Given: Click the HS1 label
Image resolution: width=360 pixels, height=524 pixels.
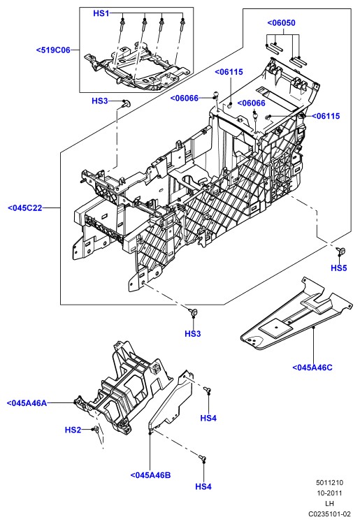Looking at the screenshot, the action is point(101,13).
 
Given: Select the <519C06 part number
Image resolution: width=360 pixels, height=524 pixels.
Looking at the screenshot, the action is point(54,50).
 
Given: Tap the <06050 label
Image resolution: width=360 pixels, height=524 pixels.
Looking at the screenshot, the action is point(281,23).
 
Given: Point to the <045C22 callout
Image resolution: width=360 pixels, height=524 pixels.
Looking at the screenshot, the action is point(25,208).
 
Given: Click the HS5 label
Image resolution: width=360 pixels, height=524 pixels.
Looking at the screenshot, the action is point(339,268).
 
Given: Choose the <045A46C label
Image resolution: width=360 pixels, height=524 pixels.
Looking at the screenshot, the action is point(312,367).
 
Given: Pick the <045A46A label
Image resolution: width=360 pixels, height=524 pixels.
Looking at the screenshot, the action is point(27,402).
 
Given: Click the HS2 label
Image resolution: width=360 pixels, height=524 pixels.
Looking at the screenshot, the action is point(73,430).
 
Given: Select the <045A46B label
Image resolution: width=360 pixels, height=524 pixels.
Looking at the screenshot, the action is point(150,475).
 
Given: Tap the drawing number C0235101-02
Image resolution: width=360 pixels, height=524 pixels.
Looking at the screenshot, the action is point(329,514).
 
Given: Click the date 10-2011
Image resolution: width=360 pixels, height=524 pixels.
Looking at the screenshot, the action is point(329,493).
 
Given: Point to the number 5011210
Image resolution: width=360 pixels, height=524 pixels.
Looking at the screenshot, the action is point(329,483).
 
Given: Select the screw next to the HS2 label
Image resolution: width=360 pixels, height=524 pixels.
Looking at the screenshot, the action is point(96,429).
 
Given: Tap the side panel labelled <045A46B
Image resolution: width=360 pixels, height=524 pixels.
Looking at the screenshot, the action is point(171,401).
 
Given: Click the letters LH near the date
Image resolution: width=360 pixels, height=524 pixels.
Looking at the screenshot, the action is point(329,503).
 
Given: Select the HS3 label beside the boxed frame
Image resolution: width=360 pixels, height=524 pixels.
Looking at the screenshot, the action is point(100,101).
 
